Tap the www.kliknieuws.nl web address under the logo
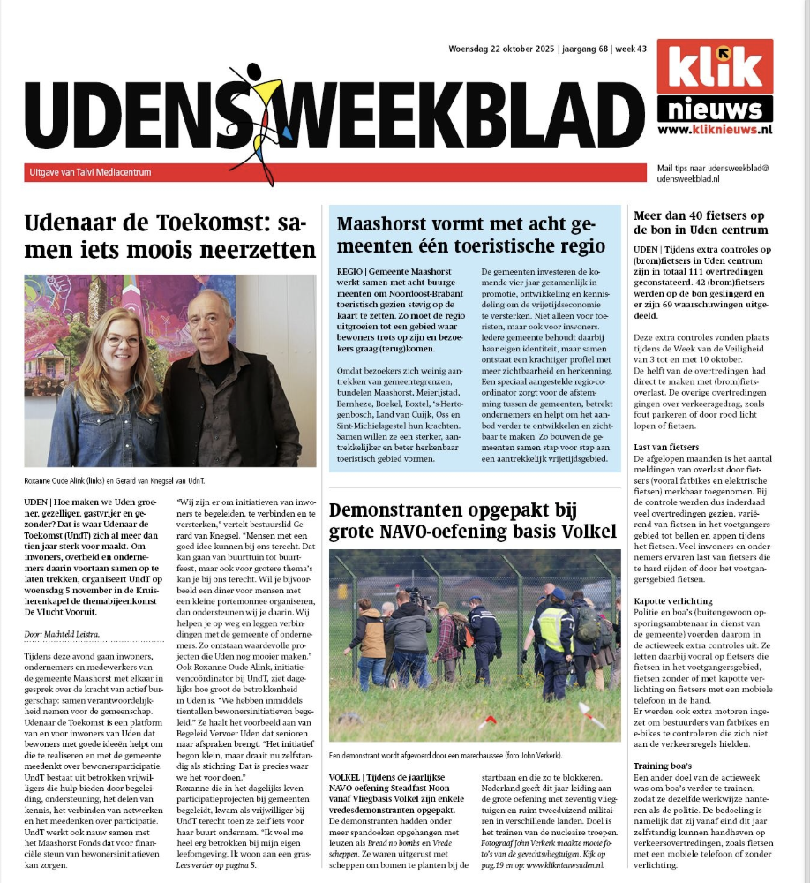coord(715,130)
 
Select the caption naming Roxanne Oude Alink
coord(132,481)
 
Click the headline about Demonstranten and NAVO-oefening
coord(472,521)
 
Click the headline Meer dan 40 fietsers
coord(701,223)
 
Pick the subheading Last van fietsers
coord(666,448)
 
